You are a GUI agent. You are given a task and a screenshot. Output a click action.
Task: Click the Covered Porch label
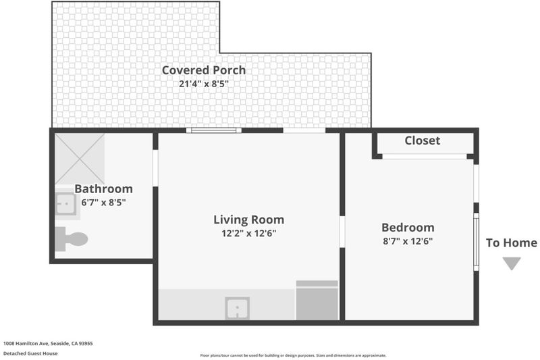point(204,70)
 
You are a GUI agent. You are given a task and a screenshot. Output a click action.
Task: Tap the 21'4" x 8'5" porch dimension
point(204,84)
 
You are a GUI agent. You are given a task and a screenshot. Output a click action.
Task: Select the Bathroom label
point(103,189)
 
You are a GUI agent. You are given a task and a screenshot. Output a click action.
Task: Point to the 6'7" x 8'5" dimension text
point(103,202)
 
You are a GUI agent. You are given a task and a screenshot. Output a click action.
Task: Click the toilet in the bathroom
point(72,238)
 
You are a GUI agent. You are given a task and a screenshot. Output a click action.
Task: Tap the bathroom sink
point(65,203)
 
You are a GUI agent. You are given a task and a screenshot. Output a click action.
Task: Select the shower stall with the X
point(80,159)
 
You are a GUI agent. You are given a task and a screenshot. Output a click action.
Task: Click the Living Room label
point(248,220)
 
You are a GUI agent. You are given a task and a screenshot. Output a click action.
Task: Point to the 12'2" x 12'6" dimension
point(248,234)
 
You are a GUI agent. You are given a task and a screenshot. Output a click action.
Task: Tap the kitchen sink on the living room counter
point(238,308)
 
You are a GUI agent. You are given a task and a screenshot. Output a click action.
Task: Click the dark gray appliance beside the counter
point(317,301)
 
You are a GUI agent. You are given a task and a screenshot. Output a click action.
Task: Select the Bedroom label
point(408,228)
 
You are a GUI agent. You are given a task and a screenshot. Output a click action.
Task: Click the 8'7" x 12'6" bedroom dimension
point(408,241)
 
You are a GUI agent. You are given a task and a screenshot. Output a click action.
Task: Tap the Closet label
point(423,140)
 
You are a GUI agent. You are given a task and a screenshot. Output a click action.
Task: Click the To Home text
point(512,243)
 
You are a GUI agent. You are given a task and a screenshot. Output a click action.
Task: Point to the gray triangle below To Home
point(512,263)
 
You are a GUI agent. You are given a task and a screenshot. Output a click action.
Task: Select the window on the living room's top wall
point(214,130)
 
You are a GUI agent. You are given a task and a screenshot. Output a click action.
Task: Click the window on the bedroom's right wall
point(477,242)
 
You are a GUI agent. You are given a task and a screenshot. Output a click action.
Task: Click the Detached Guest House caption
point(30,353)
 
